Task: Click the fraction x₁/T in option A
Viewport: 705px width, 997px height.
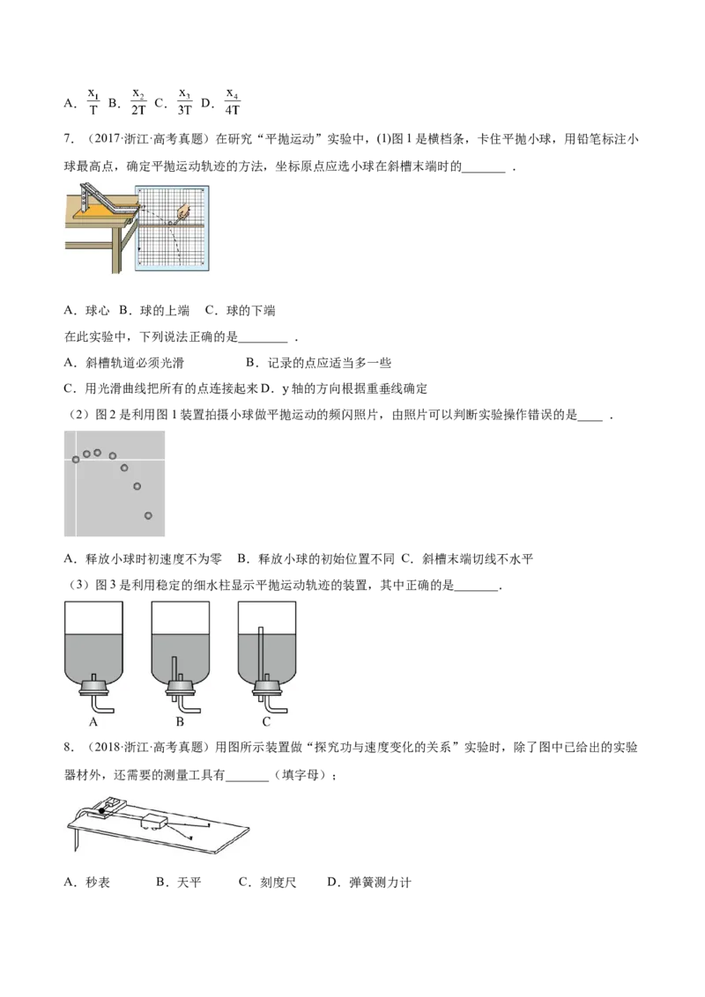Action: coord(93,102)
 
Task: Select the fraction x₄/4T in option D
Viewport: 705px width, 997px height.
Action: coord(233,102)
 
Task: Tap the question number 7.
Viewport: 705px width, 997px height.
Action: coord(69,139)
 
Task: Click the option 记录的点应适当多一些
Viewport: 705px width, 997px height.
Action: coord(319,363)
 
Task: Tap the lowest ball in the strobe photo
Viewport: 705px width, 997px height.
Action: coord(148,515)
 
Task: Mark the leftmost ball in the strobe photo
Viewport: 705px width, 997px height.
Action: coord(76,459)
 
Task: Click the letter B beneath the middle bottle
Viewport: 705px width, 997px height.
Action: coord(180,721)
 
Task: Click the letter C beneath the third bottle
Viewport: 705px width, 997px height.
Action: coord(266,721)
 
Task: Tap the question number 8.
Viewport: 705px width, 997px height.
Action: coord(69,747)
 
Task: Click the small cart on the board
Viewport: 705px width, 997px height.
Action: coord(154,820)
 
